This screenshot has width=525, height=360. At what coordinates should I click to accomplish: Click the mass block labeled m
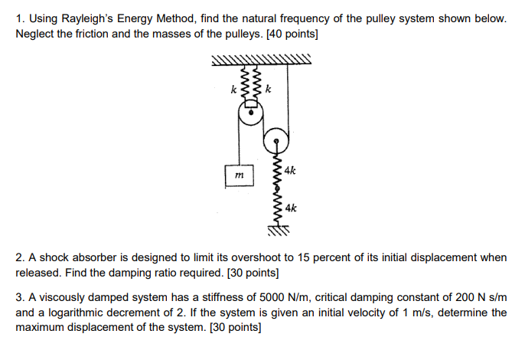coord(240,176)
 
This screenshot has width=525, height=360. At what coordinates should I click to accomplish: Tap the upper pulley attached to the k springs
coord(249,116)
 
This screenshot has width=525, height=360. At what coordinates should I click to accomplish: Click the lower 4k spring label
coord(291,208)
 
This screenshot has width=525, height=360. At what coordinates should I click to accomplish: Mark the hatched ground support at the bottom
coord(277,228)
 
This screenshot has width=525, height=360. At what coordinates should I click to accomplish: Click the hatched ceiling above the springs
coord(260,61)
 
